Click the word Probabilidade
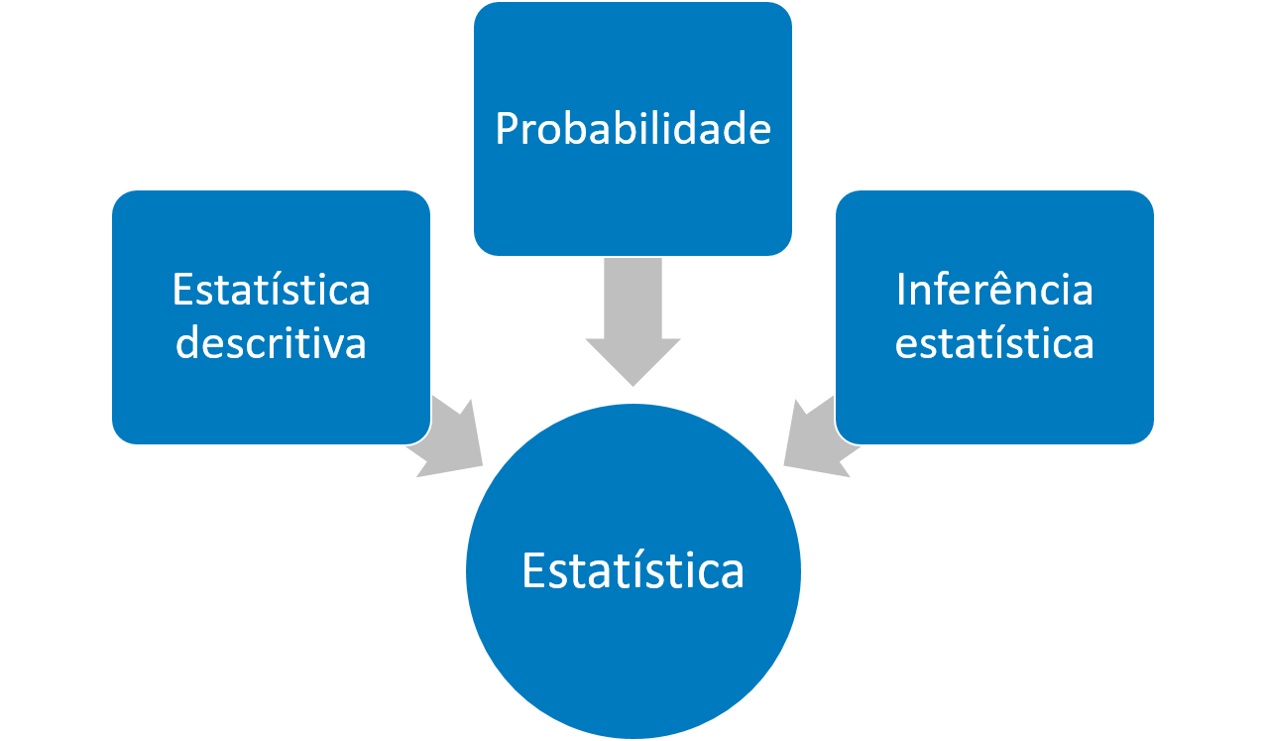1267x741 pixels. [x=633, y=129]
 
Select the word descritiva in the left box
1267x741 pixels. [x=271, y=343]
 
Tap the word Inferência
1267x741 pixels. [x=994, y=290]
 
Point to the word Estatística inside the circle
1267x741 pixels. [x=633, y=571]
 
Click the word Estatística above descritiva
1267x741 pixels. [x=271, y=290]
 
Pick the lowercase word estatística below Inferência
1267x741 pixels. [x=994, y=343]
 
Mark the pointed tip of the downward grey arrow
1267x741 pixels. [x=633, y=383]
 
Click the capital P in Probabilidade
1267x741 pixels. [x=506, y=130]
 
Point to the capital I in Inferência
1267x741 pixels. [x=901, y=290]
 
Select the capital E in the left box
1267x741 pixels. [x=181, y=291]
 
